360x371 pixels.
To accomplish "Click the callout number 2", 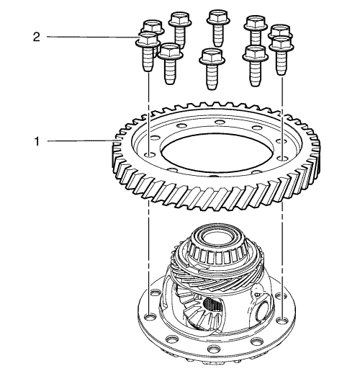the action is click(37, 37).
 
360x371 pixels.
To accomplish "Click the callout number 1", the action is click(37, 141).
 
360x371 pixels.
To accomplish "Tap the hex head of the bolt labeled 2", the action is click(148, 39).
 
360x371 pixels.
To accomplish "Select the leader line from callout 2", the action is click(93, 37).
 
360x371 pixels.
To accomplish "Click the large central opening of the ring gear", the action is click(217, 153).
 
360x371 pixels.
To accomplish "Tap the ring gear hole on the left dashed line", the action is click(149, 154).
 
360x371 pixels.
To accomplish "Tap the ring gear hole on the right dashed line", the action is click(282, 158).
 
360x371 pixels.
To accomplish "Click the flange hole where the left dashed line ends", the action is click(150, 317).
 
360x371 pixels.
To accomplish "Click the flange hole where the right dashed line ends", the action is click(283, 320).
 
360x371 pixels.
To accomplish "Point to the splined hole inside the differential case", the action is click(212, 305).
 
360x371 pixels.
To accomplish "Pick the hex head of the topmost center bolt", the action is click(218, 17).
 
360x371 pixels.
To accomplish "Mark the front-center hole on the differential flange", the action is click(214, 348).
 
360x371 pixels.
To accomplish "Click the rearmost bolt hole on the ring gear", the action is click(220, 122).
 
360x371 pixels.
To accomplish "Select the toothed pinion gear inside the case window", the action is click(202, 315).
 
